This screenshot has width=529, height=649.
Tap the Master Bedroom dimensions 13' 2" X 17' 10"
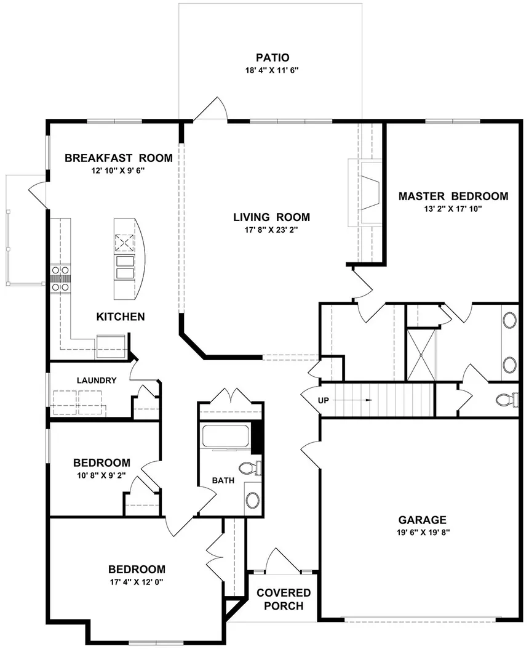[x=453, y=209]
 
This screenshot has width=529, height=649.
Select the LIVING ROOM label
[x=271, y=217]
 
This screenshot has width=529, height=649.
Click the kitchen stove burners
[x=60, y=278]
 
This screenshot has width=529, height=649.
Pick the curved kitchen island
[x=130, y=257]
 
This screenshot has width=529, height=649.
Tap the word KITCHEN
[x=121, y=316]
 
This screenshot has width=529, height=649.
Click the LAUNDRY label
[x=97, y=381]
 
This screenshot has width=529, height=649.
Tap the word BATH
[x=222, y=480]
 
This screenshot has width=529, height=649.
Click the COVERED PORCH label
[x=284, y=599]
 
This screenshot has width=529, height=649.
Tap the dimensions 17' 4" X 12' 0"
[x=137, y=581]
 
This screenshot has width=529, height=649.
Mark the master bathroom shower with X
[x=421, y=354]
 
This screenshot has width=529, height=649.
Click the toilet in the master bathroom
[x=506, y=400]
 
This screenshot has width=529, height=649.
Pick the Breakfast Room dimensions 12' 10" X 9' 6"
[x=118, y=171]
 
